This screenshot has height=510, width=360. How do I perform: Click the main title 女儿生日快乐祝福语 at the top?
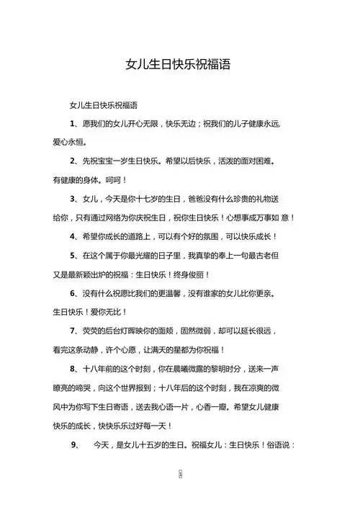pyautogui.click(x=179, y=64)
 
